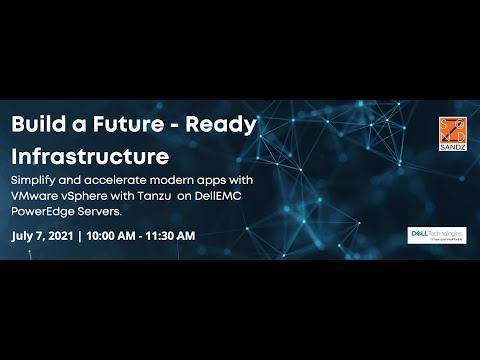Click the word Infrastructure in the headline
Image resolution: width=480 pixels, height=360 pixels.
coord(90,157)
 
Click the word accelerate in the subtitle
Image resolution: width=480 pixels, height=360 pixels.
coord(118,180)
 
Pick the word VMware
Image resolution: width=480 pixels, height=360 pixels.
coord(37,196)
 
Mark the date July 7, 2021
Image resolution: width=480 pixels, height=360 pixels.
coord(42,236)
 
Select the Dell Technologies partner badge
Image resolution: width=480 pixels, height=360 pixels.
coord(430,235)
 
